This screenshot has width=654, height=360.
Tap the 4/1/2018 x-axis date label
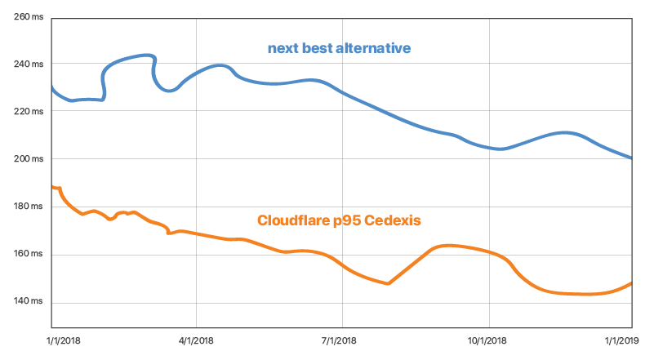click(x=197, y=340)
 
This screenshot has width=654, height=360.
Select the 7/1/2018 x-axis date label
click(x=343, y=340)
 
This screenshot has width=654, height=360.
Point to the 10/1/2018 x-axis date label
click(x=489, y=340)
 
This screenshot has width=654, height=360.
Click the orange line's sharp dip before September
click(x=388, y=283)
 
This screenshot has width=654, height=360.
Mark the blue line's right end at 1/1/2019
click(x=630, y=158)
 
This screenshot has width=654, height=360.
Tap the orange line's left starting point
click(x=52, y=187)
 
